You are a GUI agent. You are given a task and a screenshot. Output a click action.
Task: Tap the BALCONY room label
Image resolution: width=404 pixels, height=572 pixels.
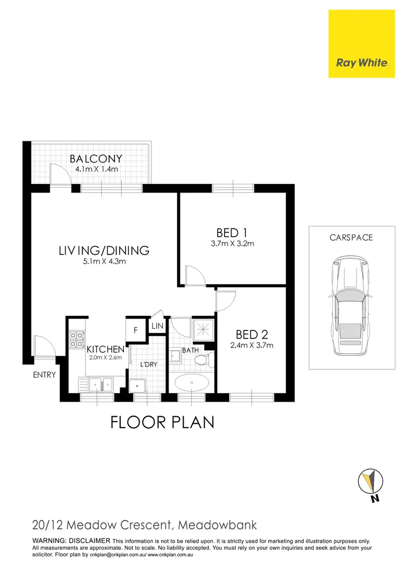point(96,159)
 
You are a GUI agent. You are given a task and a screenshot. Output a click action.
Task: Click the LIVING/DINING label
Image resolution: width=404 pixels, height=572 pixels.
point(104,250)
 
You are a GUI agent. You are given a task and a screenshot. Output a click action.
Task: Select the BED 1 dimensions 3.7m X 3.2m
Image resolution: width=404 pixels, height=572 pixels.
point(232,244)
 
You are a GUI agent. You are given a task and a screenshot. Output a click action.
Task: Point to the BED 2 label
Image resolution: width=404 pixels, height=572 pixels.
point(248,335)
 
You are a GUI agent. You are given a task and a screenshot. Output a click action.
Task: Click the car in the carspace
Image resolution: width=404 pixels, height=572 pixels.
point(350,306)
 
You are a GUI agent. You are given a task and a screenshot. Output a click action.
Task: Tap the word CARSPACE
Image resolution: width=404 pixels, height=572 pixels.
point(351,237)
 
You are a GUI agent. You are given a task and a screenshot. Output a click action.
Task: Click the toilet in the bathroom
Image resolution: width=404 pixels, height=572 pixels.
point(203,360)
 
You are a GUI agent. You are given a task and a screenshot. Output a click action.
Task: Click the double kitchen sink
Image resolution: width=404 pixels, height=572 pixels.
point(101,384)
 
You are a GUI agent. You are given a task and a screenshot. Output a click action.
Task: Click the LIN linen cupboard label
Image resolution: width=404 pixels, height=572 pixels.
point(157,326)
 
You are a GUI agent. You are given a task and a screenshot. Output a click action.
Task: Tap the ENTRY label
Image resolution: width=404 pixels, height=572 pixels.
point(44,375)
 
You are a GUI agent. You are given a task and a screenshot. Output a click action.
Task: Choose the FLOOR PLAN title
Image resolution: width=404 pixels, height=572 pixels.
point(162,422)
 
